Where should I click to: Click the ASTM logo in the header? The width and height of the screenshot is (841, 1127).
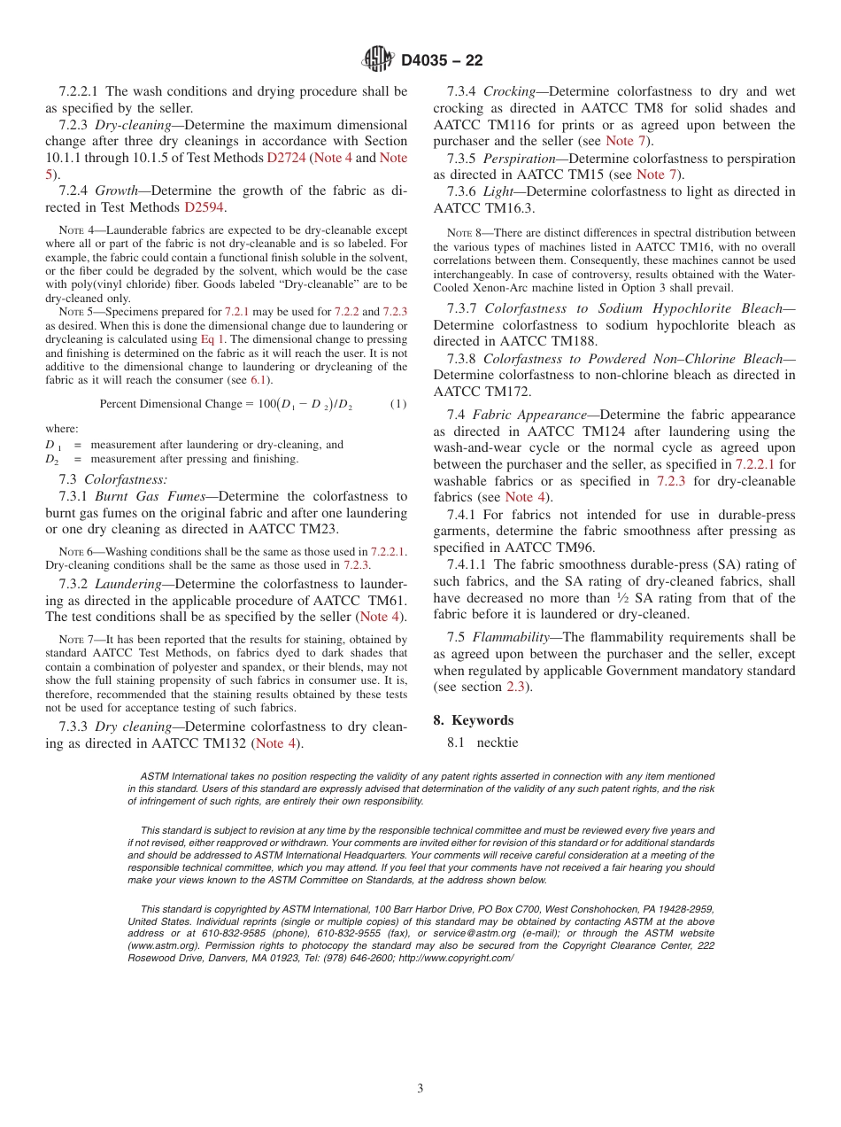tap(378, 59)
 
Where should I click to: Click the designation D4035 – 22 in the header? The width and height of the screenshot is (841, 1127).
tap(442, 60)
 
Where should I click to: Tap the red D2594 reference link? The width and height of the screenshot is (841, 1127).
tap(204, 207)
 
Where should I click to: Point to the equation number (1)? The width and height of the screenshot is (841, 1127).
tap(398, 404)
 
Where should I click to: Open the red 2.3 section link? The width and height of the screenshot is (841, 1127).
tap(514, 687)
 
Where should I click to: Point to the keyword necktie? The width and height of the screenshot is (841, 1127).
tap(498, 743)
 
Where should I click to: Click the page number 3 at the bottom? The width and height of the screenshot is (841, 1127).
tap(420, 1088)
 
